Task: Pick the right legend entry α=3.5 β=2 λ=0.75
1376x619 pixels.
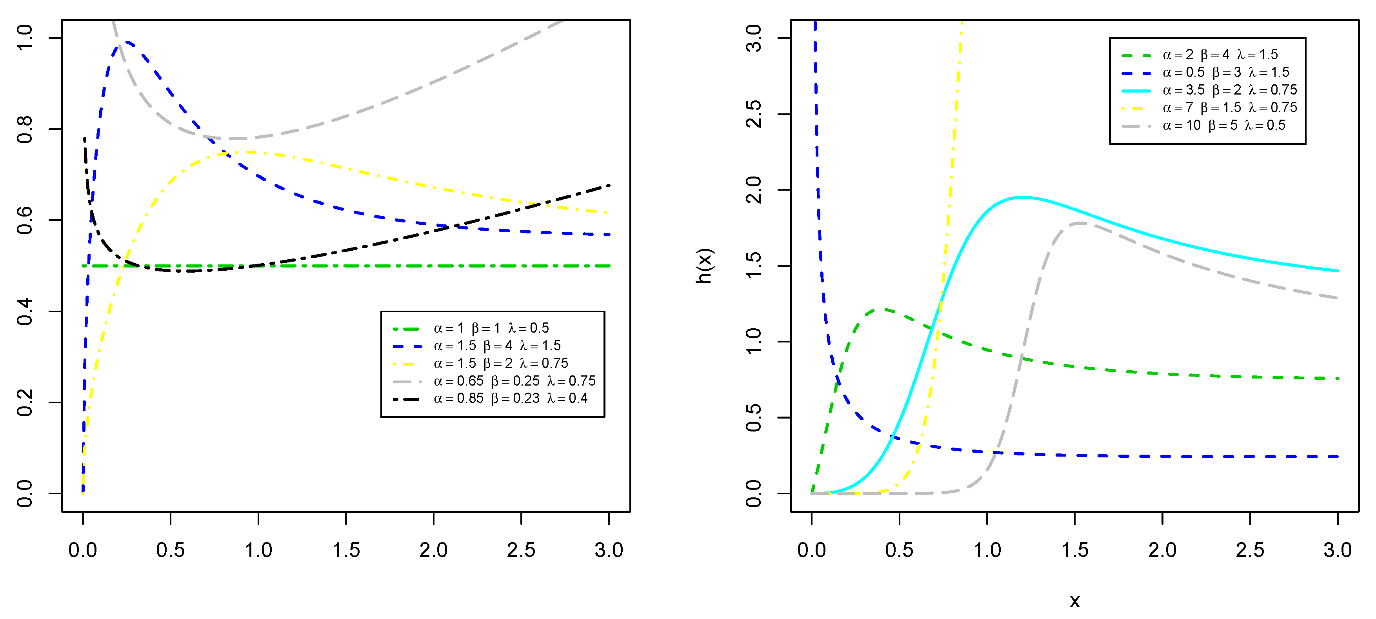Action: point(1229,90)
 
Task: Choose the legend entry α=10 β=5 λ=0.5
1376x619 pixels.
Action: point(1223,126)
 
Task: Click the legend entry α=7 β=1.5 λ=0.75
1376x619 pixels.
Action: point(1229,108)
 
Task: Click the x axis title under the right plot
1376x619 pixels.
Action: point(1074,601)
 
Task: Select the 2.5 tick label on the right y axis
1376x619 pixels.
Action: point(754,114)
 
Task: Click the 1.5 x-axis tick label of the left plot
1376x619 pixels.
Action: point(345,550)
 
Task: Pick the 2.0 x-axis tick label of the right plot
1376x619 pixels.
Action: point(1162,550)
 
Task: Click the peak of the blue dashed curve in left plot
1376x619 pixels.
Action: point(127,42)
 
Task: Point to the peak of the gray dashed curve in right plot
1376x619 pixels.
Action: point(1080,223)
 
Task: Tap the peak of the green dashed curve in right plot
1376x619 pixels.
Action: point(882,309)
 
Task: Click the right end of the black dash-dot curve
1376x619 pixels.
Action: point(609,186)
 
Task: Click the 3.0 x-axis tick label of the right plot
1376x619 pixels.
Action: point(1337,550)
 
